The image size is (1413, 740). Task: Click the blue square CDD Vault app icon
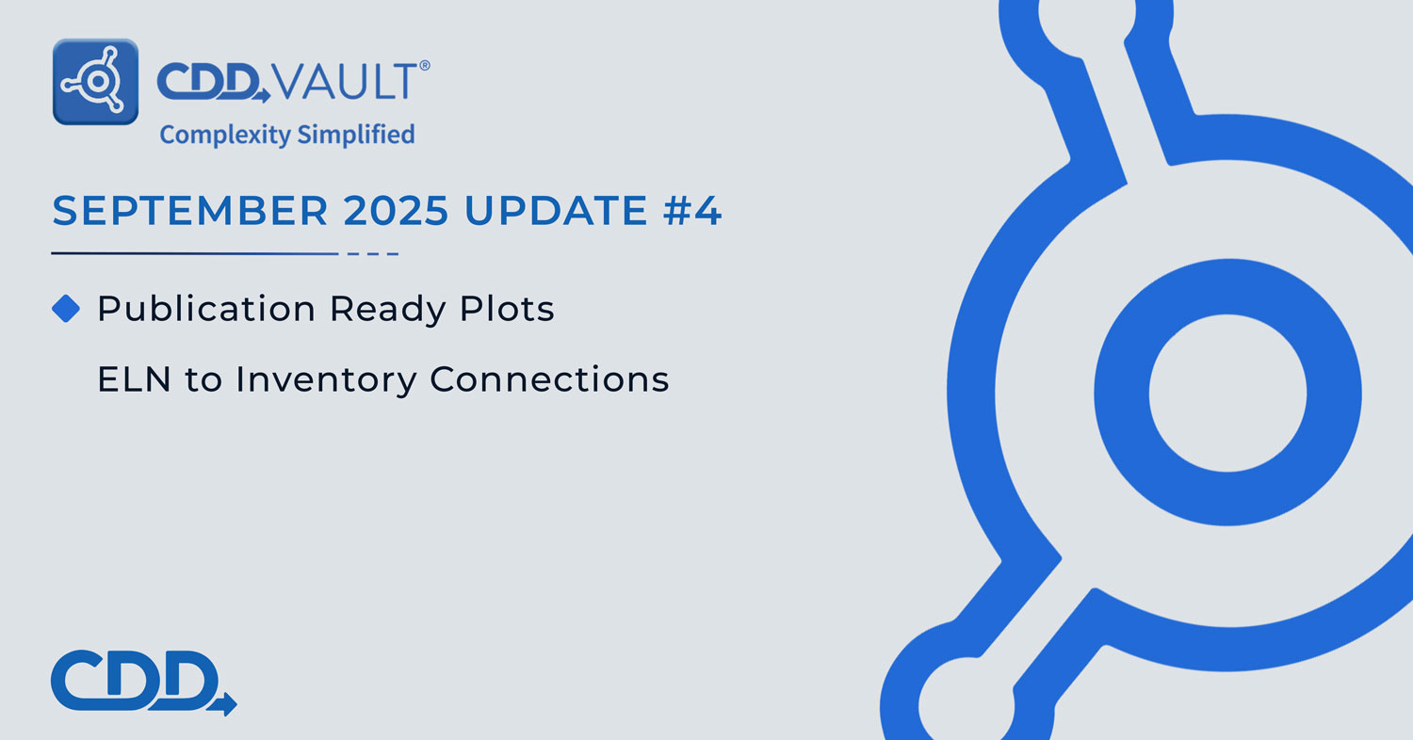pos(95,82)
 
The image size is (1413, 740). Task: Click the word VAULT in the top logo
pos(346,82)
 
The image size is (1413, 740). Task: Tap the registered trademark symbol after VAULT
pos(425,66)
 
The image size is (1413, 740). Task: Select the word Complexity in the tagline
pos(224,135)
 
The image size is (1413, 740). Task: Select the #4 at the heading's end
pos(692,211)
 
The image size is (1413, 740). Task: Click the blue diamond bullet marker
pos(66,309)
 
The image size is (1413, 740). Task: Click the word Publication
pos(206,309)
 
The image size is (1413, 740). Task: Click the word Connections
pos(549,379)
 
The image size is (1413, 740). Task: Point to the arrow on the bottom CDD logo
pos(224,703)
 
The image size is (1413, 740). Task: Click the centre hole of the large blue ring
pos(1228,393)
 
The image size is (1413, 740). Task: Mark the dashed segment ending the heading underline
pos(373,253)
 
